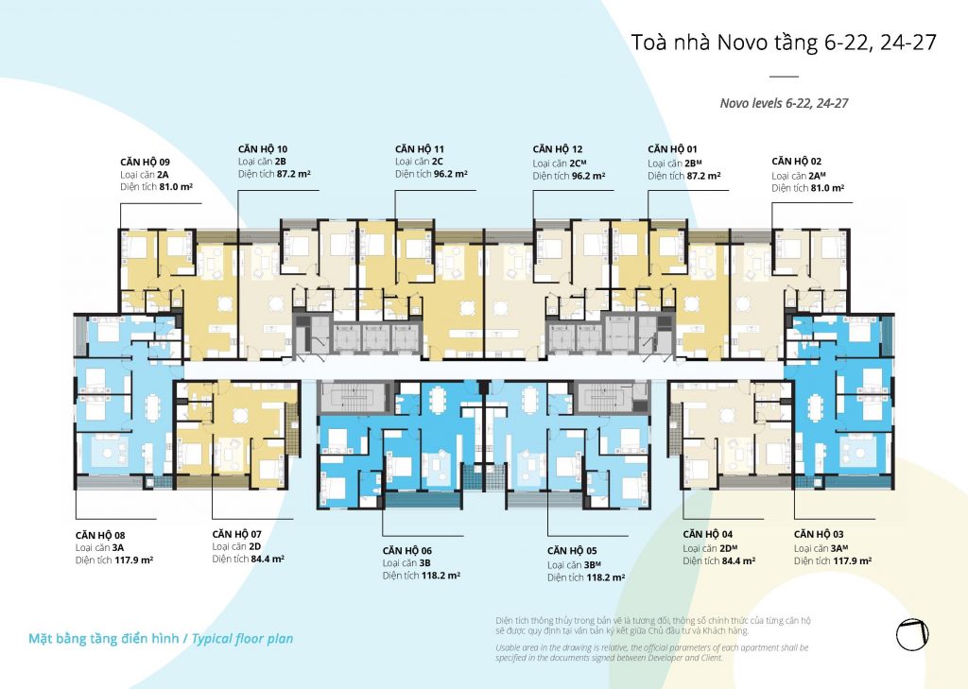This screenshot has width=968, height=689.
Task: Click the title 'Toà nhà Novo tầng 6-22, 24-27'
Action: pyautogui.click(x=784, y=43)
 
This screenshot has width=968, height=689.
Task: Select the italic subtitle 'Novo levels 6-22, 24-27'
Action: pyautogui.click(x=784, y=103)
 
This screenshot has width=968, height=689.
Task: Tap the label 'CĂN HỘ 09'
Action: pyautogui.click(x=145, y=163)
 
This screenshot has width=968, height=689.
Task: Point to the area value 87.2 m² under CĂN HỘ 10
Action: pyautogui.click(x=293, y=174)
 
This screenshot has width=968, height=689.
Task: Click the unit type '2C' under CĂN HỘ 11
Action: pyautogui.click(x=437, y=162)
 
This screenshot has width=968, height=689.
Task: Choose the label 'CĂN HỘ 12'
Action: pyautogui.click(x=558, y=149)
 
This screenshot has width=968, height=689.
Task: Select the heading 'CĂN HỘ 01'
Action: pyautogui.click(x=672, y=149)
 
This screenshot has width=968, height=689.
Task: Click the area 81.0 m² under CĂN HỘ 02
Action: pyautogui.click(x=826, y=188)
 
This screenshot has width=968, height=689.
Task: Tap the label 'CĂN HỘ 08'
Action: pyautogui.click(x=100, y=535)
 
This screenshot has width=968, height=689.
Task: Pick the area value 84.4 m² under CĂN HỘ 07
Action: pyautogui.click(x=268, y=560)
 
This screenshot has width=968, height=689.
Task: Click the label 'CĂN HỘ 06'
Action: pyautogui.click(x=406, y=551)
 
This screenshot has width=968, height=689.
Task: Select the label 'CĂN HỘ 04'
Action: pyautogui.click(x=707, y=535)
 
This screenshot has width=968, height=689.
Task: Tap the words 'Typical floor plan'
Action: pyautogui.click(x=242, y=639)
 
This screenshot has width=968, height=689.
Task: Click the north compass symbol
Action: pyautogui.click(x=912, y=635)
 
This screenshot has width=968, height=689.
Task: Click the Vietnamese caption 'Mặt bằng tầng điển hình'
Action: pyautogui.click(x=104, y=638)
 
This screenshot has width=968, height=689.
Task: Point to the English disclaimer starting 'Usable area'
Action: pyautogui.click(x=652, y=652)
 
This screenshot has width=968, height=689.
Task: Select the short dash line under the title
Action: pyautogui.click(x=784, y=77)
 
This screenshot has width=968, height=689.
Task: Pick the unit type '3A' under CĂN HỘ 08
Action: pyautogui.click(x=118, y=547)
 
